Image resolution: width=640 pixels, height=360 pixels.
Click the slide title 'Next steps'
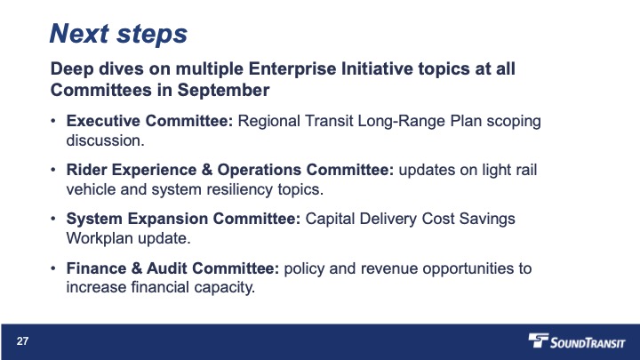coord(118,34)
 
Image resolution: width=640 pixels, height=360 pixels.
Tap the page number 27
coord(22,341)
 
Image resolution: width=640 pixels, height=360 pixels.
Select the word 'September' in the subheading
coord(223,91)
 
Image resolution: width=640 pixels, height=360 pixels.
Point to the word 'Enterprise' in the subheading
coord(292,68)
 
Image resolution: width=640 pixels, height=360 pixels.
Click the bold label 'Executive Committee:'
coord(149,121)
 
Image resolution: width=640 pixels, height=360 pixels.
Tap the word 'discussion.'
coord(105,140)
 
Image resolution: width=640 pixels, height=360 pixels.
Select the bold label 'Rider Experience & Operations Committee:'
coord(230,170)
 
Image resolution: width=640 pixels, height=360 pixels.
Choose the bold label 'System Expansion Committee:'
coord(183,219)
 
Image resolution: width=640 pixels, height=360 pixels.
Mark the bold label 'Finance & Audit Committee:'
coord(172,268)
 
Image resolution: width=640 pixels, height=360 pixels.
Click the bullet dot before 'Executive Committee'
coord(53,121)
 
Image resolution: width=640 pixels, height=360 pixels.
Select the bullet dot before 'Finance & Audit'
coord(53,268)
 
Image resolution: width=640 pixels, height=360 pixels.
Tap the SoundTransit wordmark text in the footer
coord(588,342)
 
